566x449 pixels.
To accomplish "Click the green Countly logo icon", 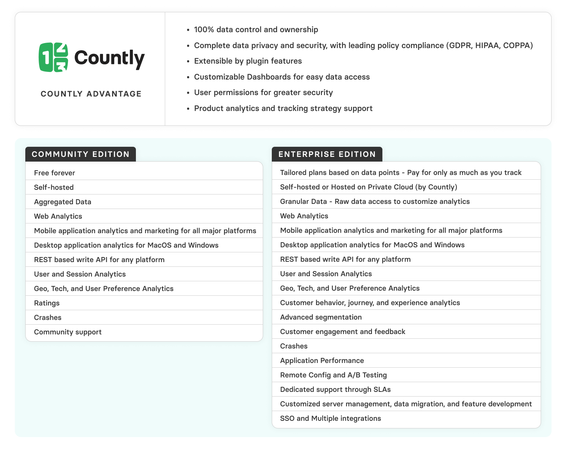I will pyautogui.click(x=53, y=57).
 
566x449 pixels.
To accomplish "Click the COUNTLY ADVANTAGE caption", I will pyautogui.click(x=91, y=94).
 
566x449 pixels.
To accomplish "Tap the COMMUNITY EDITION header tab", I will pyautogui.click(x=81, y=154).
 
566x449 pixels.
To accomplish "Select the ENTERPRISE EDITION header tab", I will pyautogui.click(x=327, y=154).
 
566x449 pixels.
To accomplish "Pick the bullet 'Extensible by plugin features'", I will pyautogui.click(x=248, y=61).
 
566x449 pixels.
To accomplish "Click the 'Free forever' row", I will pyautogui.click(x=55, y=173).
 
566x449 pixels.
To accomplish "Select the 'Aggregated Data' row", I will pyautogui.click(x=63, y=202).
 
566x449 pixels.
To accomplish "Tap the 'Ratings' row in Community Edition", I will pyautogui.click(x=47, y=303).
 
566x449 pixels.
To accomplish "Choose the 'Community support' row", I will pyautogui.click(x=68, y=332).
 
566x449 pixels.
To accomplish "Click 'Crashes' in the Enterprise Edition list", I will pyautogui.click(x=294, y=346).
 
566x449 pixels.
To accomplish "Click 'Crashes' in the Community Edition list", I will pyautogui.click(x=48, y=317).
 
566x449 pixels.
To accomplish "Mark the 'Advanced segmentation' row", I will pyautogui.click(x=321, y=317).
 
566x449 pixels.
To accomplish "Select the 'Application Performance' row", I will pyautogui.click(x=322, y=360).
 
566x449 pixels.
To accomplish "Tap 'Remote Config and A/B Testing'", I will pyautogui.click(x=333, y=375).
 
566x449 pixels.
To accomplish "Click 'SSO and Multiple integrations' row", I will pyautogui.click(x=330, y=418).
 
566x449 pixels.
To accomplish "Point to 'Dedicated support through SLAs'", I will pyautogui.click(x=335, y=389).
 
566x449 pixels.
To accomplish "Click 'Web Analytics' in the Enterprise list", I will pyautogui.click(x=304, y=216).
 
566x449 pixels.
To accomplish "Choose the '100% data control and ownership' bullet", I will pyautogui.click(x=256, y=30).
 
